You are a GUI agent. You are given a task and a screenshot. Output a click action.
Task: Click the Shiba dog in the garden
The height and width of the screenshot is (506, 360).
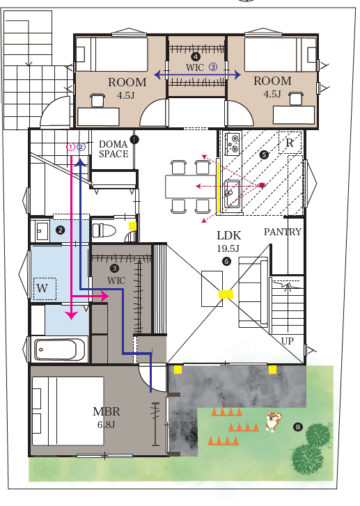pyautogui.click(x=273, y=421)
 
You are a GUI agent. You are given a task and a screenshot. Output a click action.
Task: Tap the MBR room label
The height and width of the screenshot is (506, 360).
pyautogui.click(x=107, y=411)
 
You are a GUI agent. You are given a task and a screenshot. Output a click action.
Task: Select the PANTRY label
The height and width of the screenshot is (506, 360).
pyautogui.click(x=283, y=232)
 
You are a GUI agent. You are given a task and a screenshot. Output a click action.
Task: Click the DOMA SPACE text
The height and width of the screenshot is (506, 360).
pyautogui.click(x=114, y=149)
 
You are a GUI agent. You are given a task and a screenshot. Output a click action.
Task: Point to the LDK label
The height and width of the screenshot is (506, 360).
pyautogui.click(x=229, y=235)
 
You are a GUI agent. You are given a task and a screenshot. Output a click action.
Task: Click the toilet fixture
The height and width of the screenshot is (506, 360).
pyautogui.click(x=104, y=230)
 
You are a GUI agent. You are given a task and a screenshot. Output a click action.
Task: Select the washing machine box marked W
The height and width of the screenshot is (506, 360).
pyautogui.click(x=45, y=289)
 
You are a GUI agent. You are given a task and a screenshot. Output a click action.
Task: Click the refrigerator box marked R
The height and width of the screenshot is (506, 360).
pyautogui.click(x=290, y=142)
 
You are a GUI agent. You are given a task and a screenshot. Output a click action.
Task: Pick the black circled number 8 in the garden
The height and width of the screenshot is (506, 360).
pyautogui.click(x=298, y=427)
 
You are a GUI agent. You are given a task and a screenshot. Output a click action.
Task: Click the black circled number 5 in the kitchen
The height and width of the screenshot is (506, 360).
pyautogui.click(x=264, y=155)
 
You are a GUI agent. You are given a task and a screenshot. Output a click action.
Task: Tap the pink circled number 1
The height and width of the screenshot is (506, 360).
pyautogui.click(x=71, y=147)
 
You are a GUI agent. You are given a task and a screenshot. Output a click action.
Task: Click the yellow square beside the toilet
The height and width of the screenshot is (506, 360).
pyautogui.click(x=132, y=226)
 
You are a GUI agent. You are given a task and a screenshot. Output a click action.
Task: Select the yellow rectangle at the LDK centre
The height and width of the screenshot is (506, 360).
pyautogui.click(x=226, y=294)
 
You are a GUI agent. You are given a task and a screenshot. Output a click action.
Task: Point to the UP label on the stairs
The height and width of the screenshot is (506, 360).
pyautogui.click(x=287, y=341)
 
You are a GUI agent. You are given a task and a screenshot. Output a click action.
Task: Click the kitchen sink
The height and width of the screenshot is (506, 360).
pyautogui.click(x=232, y=193)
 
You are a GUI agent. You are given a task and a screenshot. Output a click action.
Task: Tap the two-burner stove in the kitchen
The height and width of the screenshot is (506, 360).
pyautogui.click(x=233, y=143)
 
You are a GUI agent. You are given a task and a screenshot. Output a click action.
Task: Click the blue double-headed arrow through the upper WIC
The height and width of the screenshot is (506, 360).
pyautogui.click(x=198, y=75)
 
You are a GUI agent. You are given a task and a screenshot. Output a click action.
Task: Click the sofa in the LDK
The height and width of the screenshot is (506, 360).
pyautogui.click(x=253, y=292)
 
